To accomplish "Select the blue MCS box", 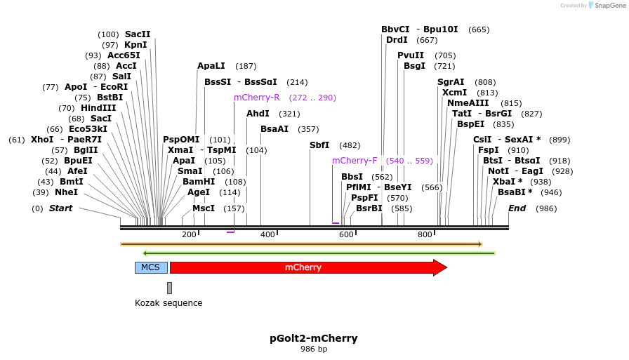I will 151,267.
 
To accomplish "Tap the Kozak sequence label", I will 168,303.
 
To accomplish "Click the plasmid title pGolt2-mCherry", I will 314,338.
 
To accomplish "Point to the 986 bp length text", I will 314,349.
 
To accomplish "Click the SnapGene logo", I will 605,6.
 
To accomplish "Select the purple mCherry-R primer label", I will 257,98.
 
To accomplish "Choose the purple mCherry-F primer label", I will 355,161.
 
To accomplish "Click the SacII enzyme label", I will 138,34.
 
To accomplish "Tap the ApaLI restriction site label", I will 211,66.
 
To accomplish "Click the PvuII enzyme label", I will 411,55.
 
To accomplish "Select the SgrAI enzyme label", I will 451,82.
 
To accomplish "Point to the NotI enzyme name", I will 498,171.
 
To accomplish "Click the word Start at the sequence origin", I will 60,208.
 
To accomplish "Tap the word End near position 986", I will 517,208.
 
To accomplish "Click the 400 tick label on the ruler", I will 268,234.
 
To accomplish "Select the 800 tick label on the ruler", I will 425,234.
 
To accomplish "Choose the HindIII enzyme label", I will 98,108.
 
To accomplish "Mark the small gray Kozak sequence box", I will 169,288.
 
